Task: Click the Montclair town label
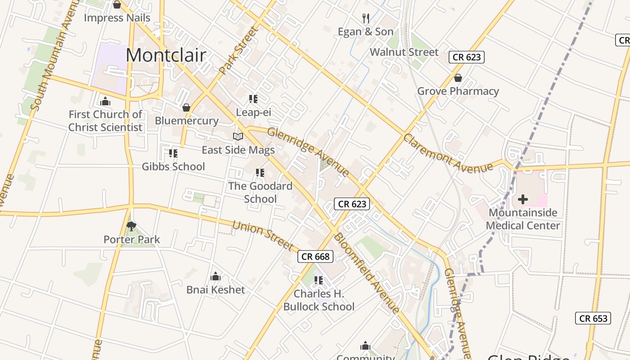coord(166,55)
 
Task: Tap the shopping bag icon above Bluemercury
coord(186,108)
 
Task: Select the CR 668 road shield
coord(315,256)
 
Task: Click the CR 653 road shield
coord(593,318)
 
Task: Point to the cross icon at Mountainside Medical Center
coord(523,199)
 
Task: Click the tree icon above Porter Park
coord(131,226)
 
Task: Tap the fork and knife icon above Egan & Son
coord(366,18)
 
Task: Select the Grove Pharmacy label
coord(458,91)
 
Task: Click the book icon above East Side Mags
coord(238,136)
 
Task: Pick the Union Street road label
coord(263,236)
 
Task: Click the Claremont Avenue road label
coord(448,153)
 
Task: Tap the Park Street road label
coord(239,50)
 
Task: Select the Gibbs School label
coord(173,166)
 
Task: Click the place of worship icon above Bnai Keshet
coord(216,276)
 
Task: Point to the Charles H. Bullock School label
coord(319,300)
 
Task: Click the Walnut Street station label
coord(404,52)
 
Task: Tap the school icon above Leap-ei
coord(253,99)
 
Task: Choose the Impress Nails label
coord(117,18)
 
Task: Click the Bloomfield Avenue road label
coord(367,273)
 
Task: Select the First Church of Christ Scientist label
coord(105,121)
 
